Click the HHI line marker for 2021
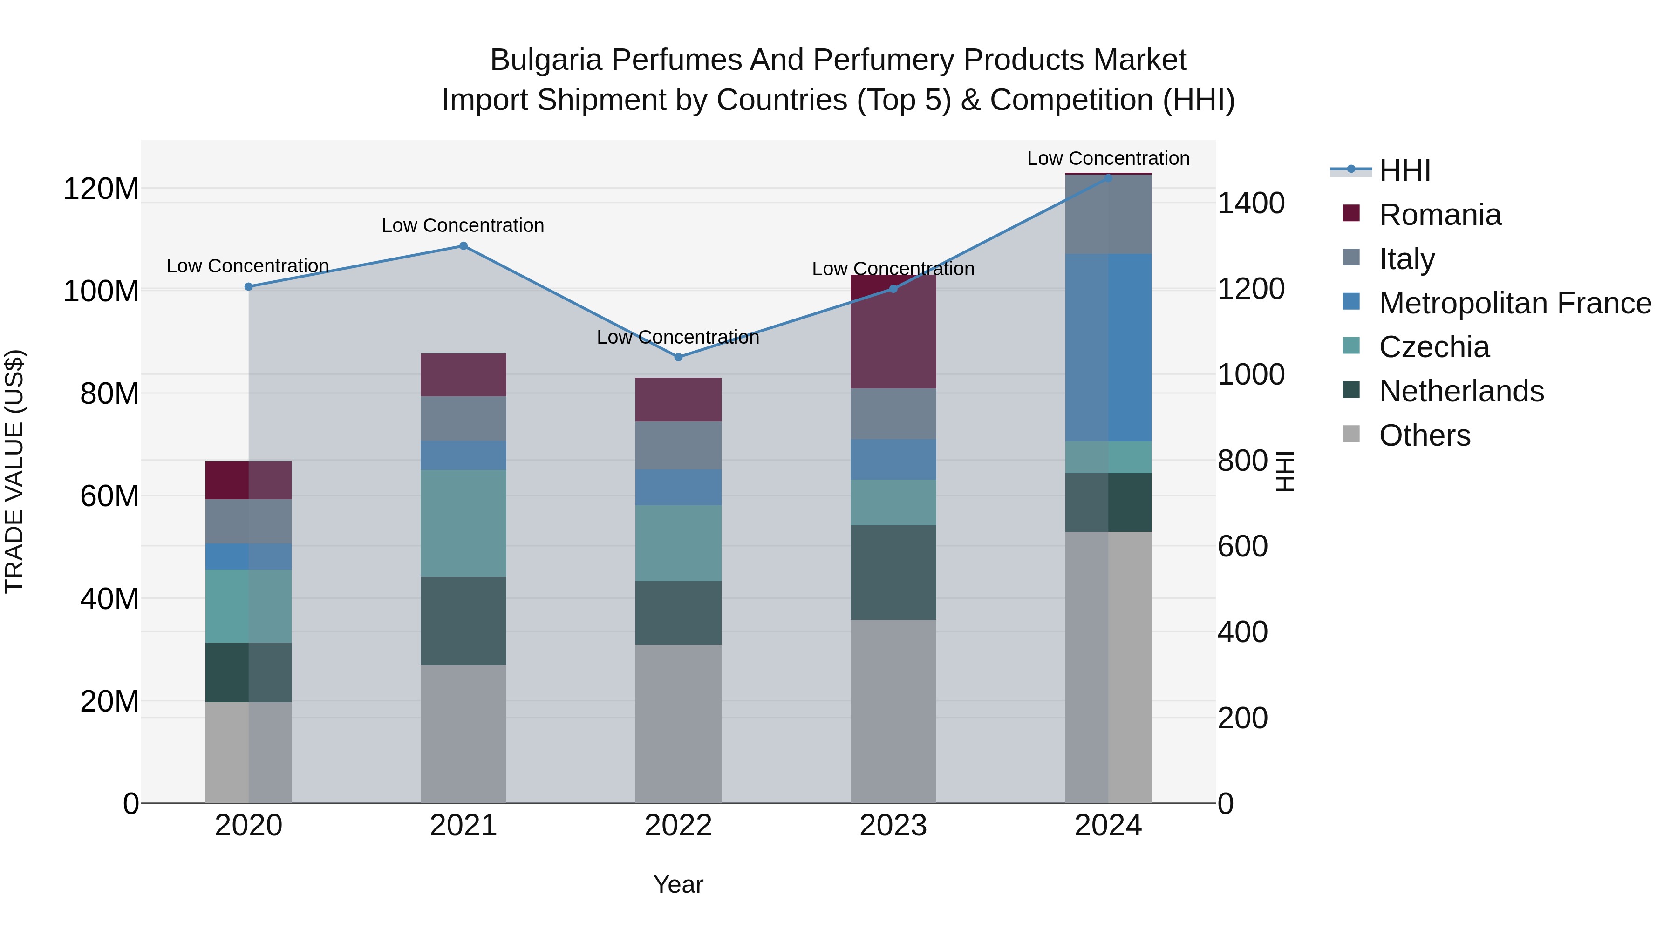click(463, 246)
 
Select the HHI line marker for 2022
click(678, 357)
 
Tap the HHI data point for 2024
click(1108, 178)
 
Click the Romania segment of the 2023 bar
click(893, 332)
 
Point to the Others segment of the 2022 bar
click(678, 724)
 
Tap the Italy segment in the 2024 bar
click(1108, 214)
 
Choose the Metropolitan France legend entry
click(1514, 303)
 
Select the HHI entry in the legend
click(1404, 170)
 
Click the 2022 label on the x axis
click(678, 826)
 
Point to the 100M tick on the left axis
click(101, 291)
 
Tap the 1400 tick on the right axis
click(1250, 203)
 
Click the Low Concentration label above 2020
click(247, 266)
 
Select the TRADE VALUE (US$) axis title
click(14, 471)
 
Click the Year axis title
click(678, 884)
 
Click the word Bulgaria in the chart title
click(545, 60)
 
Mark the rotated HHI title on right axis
click(1284, 471)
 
